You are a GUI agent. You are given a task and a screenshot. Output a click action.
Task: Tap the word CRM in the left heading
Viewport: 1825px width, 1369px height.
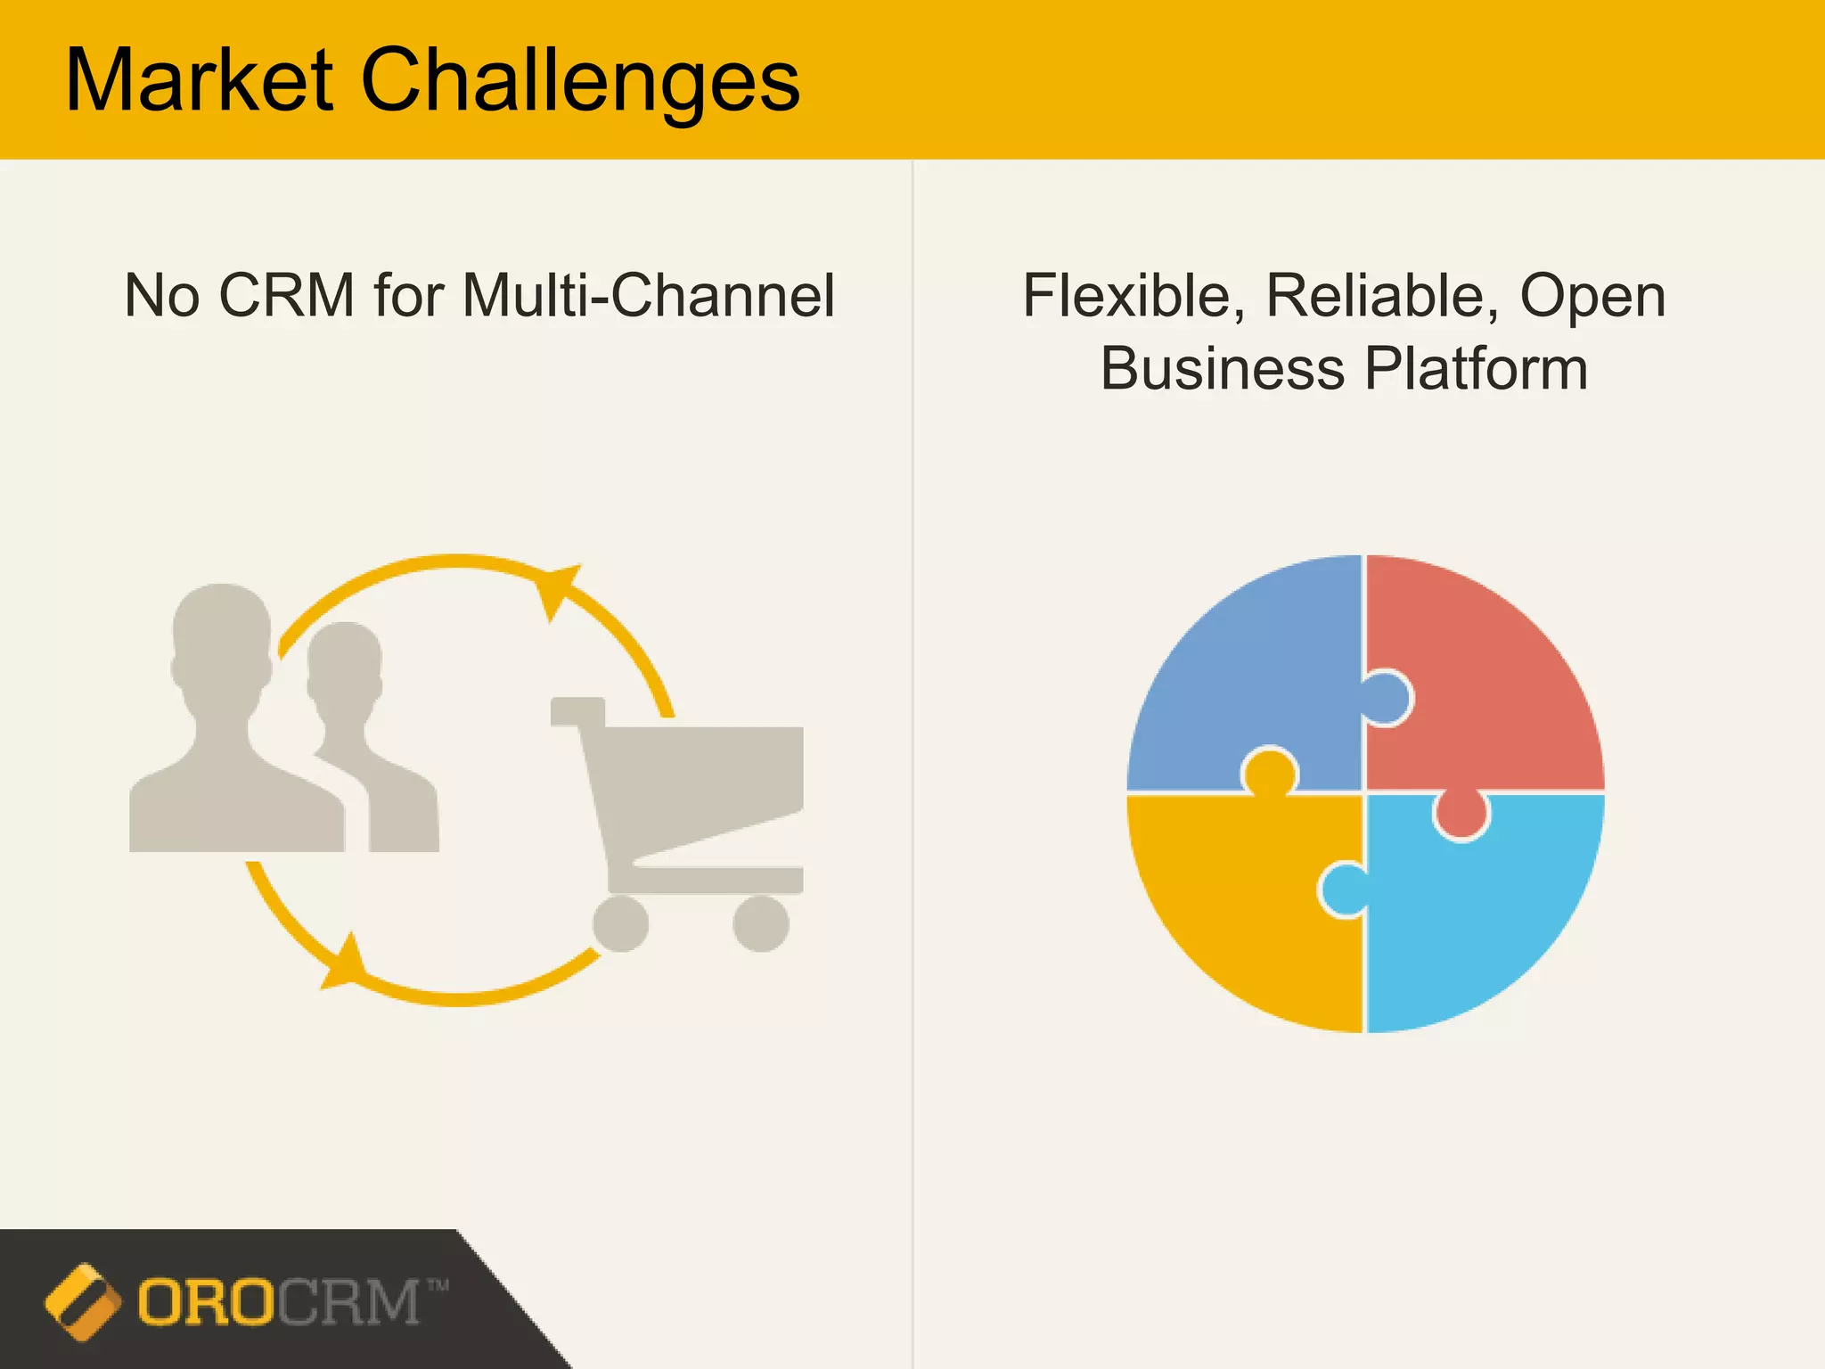coord(287,296)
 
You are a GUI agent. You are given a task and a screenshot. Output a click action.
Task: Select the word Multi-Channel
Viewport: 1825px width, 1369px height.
coord(649,296)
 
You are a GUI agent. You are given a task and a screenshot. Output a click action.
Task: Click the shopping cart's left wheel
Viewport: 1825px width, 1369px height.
coord(620,923)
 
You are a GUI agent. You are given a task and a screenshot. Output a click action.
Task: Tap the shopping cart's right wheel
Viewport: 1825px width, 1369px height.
coord(760,923)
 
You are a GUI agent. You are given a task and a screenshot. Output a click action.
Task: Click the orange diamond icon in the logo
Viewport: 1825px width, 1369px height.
coord(82,1301)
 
